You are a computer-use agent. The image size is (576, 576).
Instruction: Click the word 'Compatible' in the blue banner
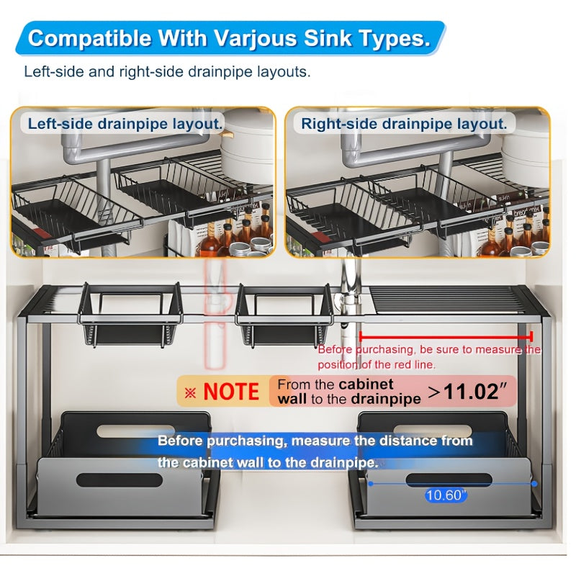pos(90,38)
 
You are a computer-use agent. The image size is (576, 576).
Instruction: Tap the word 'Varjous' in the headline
pos(256,38)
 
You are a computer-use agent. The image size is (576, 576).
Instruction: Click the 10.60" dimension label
pos(446,495)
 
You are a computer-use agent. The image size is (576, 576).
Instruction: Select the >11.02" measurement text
pos(467,392)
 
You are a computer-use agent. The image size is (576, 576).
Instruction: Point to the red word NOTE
pos(231,392)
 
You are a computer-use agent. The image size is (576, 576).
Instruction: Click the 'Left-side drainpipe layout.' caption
pos(125,124)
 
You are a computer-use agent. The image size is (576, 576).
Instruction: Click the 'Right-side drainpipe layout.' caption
pos(404,124)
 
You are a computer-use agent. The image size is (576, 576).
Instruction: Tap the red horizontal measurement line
pos(446,336)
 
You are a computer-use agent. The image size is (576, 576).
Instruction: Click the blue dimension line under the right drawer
pos(453,484)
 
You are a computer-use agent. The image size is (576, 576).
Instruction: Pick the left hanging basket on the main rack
pos(130,315)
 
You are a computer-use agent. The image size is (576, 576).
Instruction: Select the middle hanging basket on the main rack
pos(284,315)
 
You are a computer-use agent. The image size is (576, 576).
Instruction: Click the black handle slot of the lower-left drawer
pos(120,480)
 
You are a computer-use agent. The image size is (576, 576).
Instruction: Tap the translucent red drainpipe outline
pos(215,312)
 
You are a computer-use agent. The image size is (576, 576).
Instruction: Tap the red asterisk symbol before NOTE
pos(190,393)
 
